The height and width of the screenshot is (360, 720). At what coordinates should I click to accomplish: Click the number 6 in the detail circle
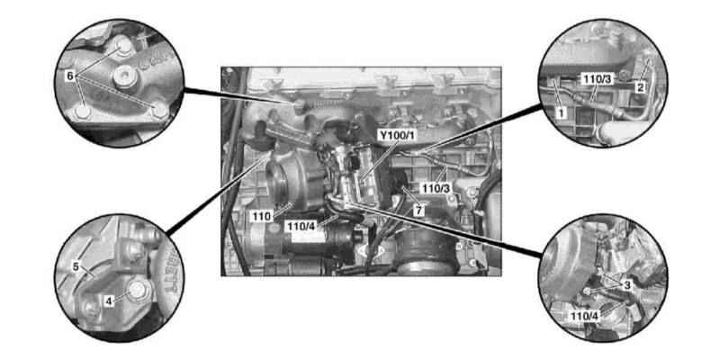(70, 76)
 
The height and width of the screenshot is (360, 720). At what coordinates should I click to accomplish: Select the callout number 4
(109, 301)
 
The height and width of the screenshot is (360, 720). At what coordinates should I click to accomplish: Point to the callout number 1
(561, 111)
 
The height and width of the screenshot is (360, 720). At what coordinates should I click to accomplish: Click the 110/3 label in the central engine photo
(435, 188)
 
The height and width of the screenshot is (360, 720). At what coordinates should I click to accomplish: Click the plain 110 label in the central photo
(262, 216)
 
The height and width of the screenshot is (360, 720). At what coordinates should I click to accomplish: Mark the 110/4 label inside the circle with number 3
(584, 316)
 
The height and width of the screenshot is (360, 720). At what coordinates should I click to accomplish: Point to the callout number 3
(627, 285)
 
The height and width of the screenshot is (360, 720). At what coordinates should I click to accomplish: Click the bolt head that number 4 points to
(136, 290)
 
